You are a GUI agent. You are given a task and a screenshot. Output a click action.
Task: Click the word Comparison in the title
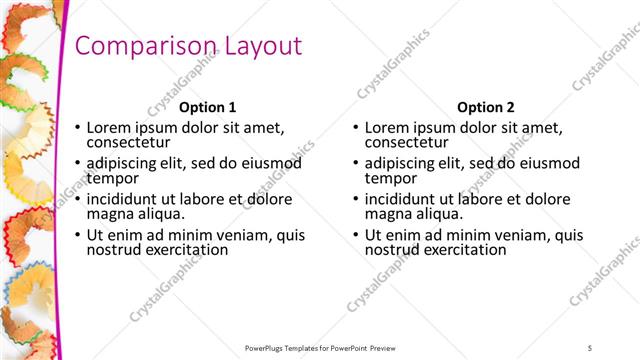[139, 46]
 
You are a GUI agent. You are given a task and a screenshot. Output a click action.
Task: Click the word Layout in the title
[256, 46]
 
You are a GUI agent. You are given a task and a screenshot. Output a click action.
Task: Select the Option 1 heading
[207, 107]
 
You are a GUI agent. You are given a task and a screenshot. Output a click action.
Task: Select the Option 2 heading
[485, 107]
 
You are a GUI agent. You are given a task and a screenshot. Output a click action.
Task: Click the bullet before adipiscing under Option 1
[77, 163]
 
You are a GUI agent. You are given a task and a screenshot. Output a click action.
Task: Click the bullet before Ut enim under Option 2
[355, 235]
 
